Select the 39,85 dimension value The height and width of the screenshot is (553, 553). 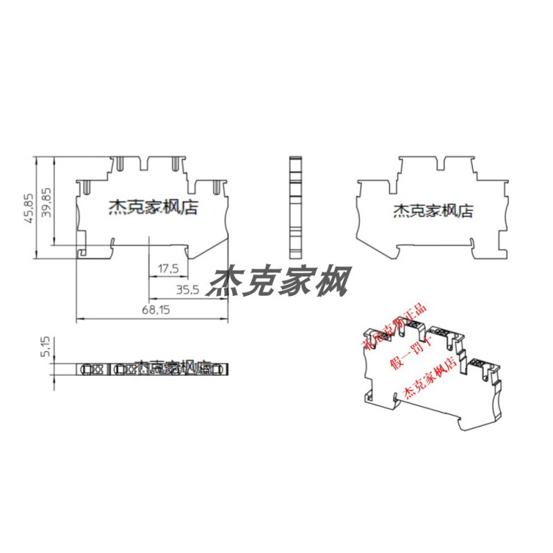click(x=46, y=203)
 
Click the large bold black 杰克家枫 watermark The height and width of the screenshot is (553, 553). click(x=283, y=281)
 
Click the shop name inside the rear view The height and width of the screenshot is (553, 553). click(x=433, y=210)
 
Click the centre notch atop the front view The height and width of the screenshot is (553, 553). click(x=150, y=165)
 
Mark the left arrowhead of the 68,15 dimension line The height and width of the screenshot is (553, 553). click(x=77, y=319)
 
